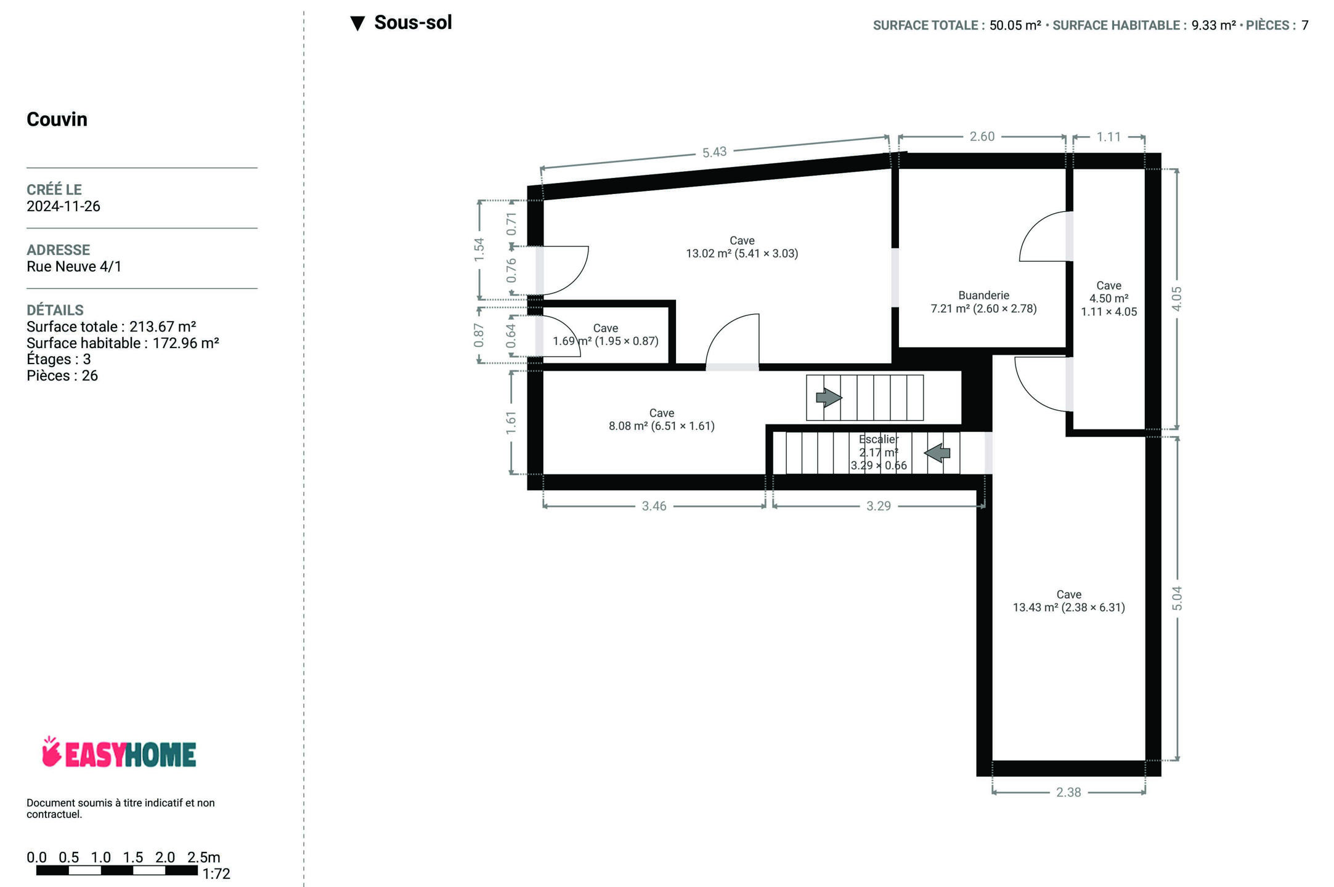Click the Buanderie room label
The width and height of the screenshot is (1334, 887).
point(983,296)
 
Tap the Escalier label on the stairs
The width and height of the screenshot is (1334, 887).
point(879,439)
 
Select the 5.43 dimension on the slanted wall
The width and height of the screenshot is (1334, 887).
point(715,152)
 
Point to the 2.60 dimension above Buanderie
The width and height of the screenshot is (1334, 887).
point(982,136)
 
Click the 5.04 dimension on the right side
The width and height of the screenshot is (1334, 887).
point(1177,599)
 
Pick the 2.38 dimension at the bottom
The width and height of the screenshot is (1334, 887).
point(1068,792)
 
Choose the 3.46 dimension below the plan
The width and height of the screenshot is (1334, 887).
point(654,506)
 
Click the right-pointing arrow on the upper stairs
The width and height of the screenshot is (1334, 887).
point(829,397)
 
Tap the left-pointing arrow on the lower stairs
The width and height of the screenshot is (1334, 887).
point(937,453)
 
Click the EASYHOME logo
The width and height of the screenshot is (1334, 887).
point(119,753)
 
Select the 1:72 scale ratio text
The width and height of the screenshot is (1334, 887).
point(216,873)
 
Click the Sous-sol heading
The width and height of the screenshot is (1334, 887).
point(413,23)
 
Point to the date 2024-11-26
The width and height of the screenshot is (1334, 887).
point(63,206)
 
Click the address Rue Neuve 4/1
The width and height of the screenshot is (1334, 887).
point(74,267)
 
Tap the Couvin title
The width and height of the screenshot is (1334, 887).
point(57,119)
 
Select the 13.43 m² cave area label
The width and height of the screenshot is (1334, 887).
point(1069,607)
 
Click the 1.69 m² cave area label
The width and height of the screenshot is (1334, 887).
point(606,341)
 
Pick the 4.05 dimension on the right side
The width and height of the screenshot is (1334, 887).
point(1177,299)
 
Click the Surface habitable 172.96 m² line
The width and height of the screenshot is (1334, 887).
point(123,343)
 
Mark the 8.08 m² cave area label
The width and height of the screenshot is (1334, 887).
point(662,426)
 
